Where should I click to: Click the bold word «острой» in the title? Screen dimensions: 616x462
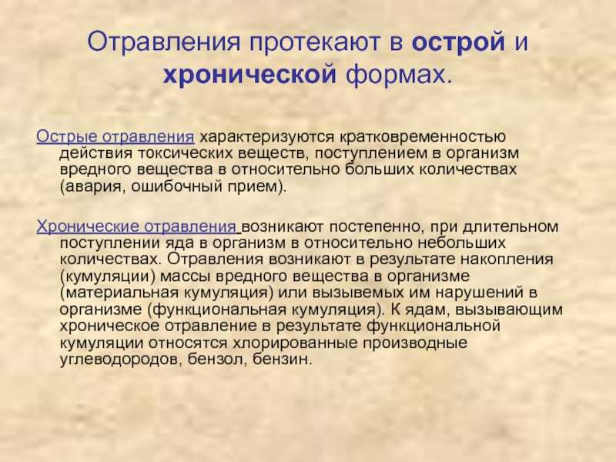tap(458, 42)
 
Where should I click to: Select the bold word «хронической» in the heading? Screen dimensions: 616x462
tap(249, 74)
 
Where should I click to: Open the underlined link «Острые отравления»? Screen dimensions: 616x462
tap(115, 137)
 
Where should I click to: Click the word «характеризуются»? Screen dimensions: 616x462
tap(266, 137)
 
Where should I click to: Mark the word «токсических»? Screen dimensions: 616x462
tap(185, 152)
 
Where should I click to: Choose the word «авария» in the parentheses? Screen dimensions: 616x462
tap(93, 186)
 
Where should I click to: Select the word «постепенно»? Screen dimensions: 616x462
tap(375, 227)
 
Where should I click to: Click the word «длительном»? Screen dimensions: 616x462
tap(511, 226)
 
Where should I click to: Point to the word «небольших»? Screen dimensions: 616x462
tap(461, 243)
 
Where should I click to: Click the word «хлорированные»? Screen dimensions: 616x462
tap(296, 343)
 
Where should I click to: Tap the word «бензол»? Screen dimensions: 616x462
tap(217, 360)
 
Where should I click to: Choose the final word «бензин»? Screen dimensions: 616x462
tap(282, 360)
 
